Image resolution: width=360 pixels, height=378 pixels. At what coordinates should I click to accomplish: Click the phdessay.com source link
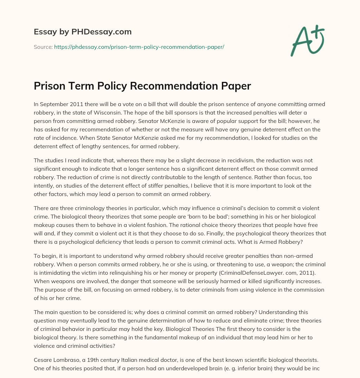tap(139, 47)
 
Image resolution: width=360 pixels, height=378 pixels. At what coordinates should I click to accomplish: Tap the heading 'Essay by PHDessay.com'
tap(83, 32)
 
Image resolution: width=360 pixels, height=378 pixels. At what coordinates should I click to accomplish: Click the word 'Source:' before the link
tap(43, 47)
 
